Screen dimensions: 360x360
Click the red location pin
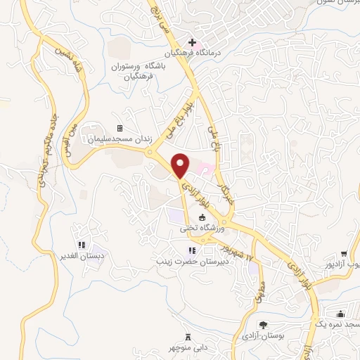pos(181,165)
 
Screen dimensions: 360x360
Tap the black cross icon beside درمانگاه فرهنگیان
pos(192,42)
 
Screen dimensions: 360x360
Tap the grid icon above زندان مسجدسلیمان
pos(119,129)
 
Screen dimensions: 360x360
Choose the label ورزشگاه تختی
pos(202,229)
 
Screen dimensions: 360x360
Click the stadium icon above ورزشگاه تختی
pos(202,218)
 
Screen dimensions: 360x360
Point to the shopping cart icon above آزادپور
pos(343,255)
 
